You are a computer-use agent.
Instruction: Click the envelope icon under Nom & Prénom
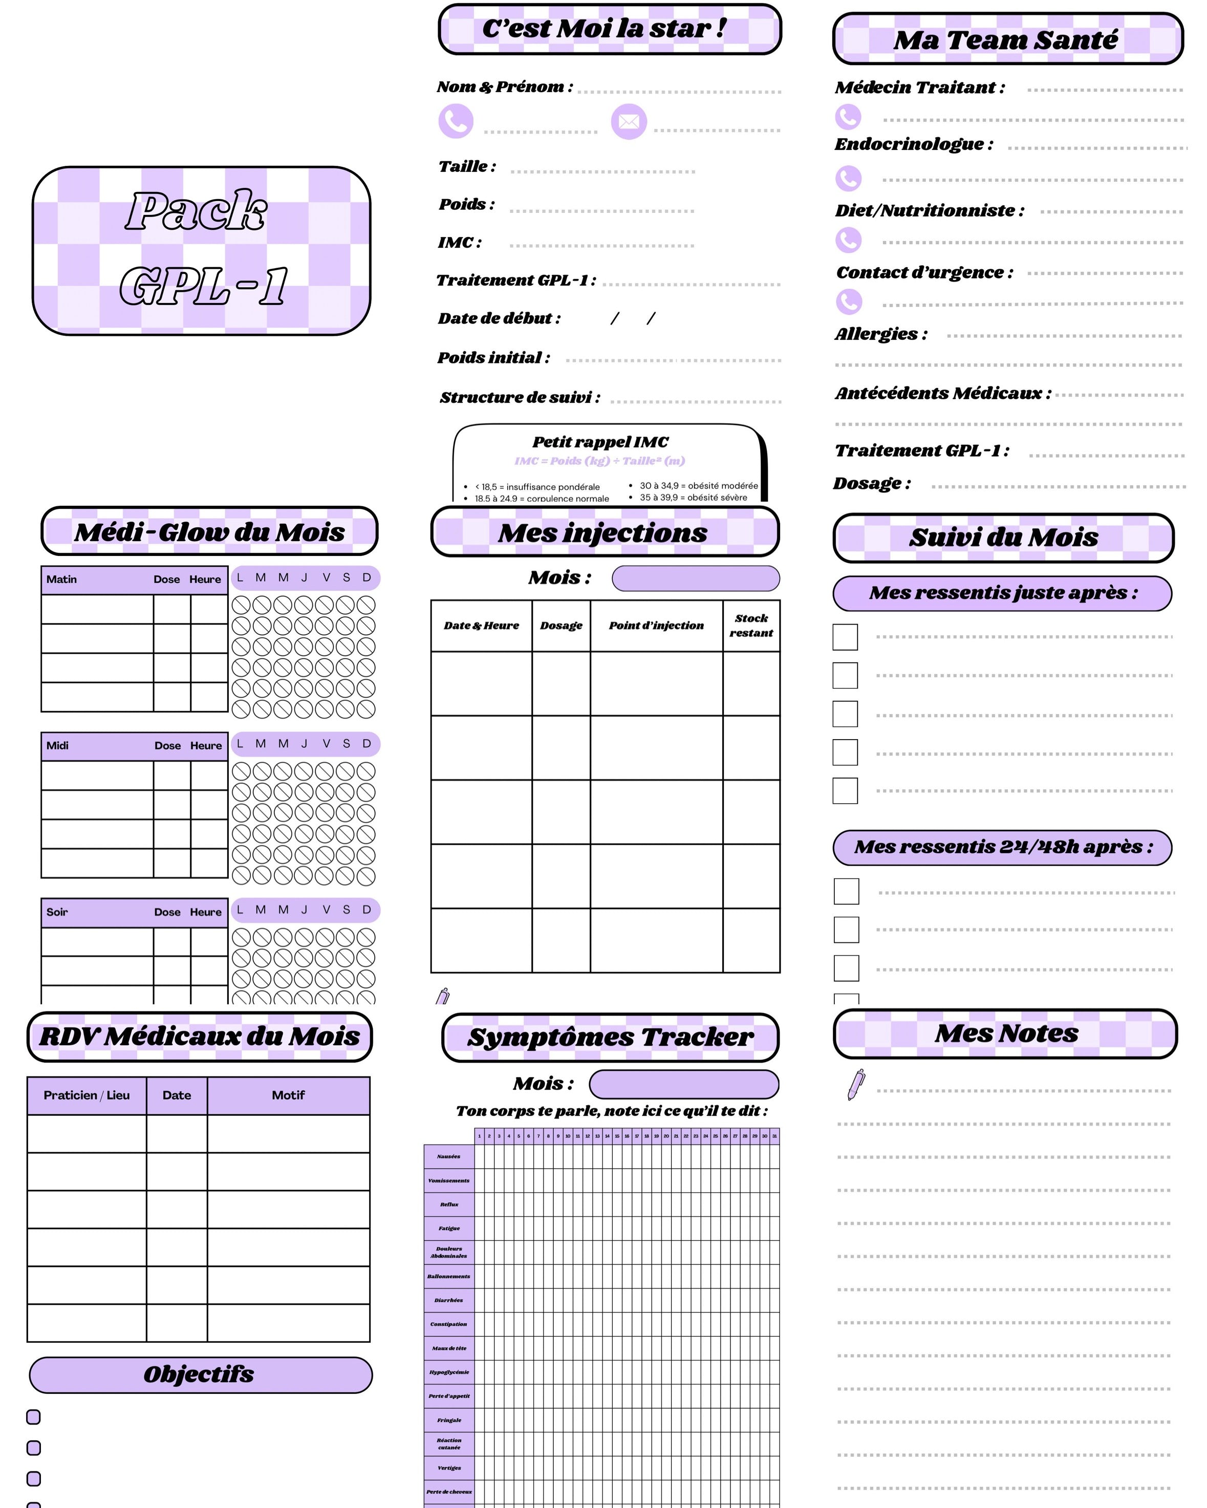(x=628, y=122)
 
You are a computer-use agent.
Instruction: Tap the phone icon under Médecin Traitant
(x=848, y=117)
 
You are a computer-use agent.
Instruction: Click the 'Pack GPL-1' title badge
(x=201, y=250)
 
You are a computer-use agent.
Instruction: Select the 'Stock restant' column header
(x=751, y=626)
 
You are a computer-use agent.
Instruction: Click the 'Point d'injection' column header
(x=656, y=626)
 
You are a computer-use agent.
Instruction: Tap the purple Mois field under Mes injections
(x=695, y=578)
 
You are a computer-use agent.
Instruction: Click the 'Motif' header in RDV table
(x=288, y=1095)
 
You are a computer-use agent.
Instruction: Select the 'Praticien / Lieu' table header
(x=87, y=1095)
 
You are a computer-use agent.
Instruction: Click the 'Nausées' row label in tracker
(x=448, y=1156)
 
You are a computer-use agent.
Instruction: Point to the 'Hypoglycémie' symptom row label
(x=449, y=1372)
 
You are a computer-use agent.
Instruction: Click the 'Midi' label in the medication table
(x=57, y=746)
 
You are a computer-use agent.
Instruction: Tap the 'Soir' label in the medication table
(x=57, y=912)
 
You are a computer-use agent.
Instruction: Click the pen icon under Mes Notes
(x=856, y=1084)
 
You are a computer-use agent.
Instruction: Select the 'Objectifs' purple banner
(x=200, y=1374)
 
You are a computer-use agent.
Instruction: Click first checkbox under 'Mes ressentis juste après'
(x=845, y=637)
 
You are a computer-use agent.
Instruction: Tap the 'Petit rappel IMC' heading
(x=600, y=442)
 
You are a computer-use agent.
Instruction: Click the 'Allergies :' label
(x=881, y=334)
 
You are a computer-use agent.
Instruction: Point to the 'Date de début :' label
(x=499, y=318)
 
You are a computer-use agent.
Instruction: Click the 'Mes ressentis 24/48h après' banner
(x=1002, y=847)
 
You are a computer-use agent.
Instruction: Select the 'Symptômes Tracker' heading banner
(x=610, y=1037)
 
